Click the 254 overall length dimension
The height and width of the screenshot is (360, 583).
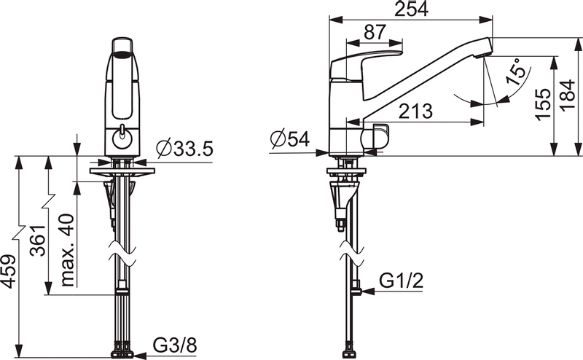411,9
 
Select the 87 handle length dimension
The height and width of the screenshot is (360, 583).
375,32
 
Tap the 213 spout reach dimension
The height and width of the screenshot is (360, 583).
415,111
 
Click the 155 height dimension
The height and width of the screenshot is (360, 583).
543,104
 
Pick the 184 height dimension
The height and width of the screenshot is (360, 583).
568,95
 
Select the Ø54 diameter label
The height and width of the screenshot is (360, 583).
290,139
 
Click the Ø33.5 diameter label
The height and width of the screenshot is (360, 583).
185,149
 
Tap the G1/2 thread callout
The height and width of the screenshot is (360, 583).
402,281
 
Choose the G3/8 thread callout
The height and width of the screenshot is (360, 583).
175,346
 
